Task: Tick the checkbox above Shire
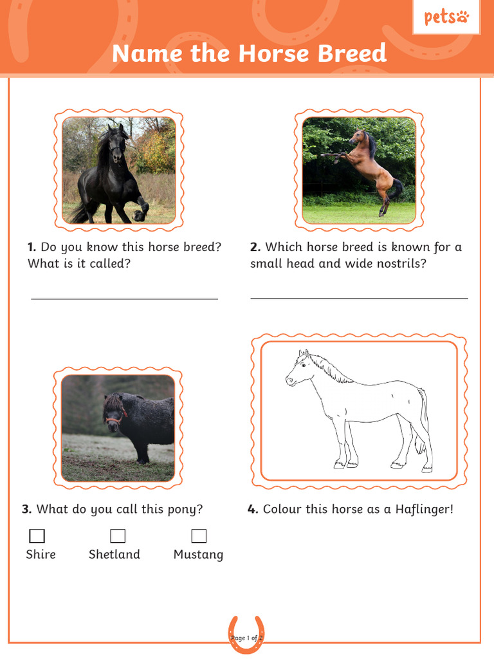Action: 37,535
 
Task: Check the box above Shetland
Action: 118,535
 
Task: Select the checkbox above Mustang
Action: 199,535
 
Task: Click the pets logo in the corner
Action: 446,17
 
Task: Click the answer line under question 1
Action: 124,299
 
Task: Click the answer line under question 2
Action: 359,298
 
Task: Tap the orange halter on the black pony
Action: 114,420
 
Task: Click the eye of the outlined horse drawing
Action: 303,365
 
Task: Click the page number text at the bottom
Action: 247,638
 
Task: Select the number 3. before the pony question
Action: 26,509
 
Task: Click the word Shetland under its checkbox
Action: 114,554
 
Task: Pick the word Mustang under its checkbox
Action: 198,554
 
